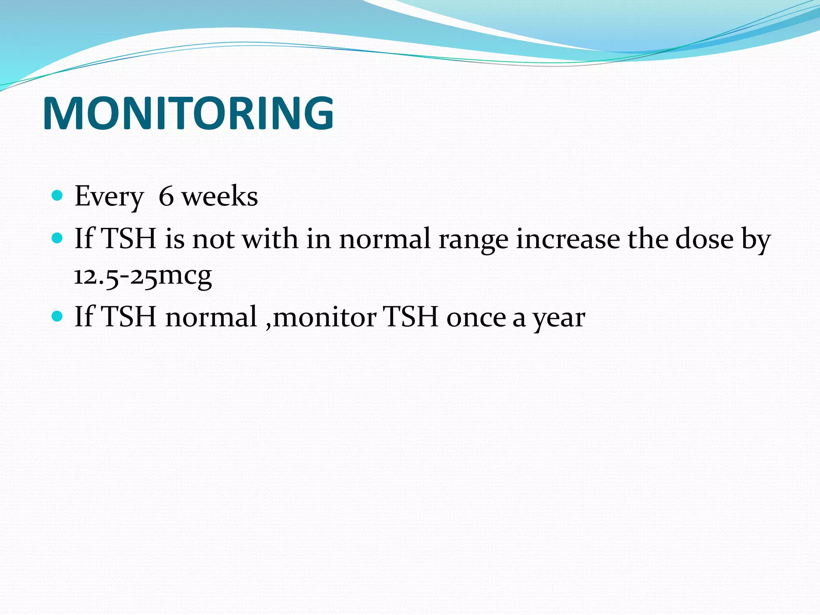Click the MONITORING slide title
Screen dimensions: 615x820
tap(188, 113)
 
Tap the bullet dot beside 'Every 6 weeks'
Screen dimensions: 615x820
tap(58, 195)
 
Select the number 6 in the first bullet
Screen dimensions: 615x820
tap(166, 196)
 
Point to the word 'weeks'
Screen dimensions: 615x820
tap(220, 196)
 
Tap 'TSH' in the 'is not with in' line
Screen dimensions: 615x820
tap(129, 239)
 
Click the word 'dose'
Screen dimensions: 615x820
tap(704, 239)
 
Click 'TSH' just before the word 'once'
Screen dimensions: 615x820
tap(410, 317)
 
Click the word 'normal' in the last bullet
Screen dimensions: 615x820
tap(211, 317)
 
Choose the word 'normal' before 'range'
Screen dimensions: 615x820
tap(384, 239)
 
